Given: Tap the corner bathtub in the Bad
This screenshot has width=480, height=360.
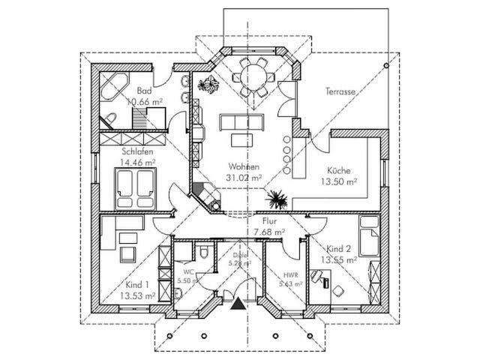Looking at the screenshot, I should click(112, 86).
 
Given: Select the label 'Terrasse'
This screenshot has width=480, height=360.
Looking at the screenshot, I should click(340, 91).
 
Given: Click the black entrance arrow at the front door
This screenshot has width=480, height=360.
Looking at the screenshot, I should click(239, 303).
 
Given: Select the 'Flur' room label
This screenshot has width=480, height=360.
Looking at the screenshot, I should click(271, 221).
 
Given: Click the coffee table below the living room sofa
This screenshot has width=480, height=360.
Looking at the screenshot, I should click(241, 139).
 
